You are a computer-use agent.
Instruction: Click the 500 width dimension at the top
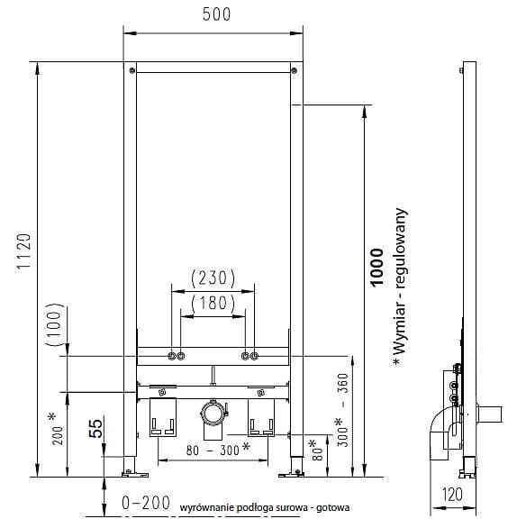(x=216, y=14)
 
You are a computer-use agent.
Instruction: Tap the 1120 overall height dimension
(x=24, y=250)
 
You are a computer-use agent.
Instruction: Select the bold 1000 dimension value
(x=377, y=268)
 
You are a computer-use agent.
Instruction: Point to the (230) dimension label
(x=213, y=278)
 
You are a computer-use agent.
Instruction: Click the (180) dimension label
(x=213, y=303)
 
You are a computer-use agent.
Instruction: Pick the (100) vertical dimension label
(x=55, y=324)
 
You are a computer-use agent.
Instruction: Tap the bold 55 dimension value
(x=95, y=428)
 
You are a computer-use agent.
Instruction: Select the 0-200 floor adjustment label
(x=146, y=503)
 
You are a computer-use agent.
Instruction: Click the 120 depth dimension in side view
(x=452, y=495)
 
